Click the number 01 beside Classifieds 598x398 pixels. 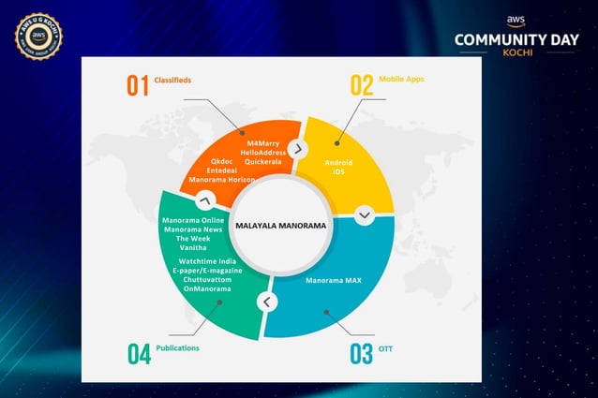pyautogui.click(x=138, y=85)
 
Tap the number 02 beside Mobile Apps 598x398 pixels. pyautogui.click(x=361, y=85)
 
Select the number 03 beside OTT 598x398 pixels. pyautogui.click(x=361, y=353)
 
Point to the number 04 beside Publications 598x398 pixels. pyautogui.click(x=139, y=353)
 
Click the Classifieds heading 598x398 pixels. pyautogui.click(x=173, y=81)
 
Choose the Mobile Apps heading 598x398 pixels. pyautogui.click(x=401, y=80)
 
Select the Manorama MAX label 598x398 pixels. pyautogui.click(x=335, y=280)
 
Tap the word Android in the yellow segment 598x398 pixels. pyautogui.click(x=338, y=162)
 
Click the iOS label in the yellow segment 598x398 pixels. pyautogui.click(x=338, y=171)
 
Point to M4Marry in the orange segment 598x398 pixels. pyautogui.click(x=262, y=143)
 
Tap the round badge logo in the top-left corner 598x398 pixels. pyautogui.click(x=38, y=37)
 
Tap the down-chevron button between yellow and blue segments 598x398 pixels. pyautogui.click(x=365, y=214)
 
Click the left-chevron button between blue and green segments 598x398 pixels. pyautogui.click(x=267, y=302)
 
